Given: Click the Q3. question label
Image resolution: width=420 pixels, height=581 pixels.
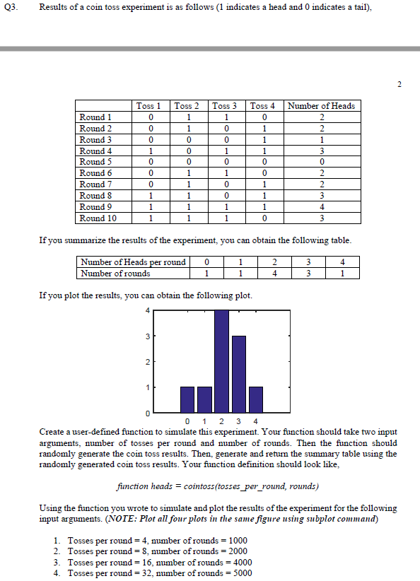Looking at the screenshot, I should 11,7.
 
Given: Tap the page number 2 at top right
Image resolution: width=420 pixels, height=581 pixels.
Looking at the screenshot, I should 399,85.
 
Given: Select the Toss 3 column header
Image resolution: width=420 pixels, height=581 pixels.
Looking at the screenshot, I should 225,106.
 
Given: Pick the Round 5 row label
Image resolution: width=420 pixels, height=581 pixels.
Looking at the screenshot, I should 96,162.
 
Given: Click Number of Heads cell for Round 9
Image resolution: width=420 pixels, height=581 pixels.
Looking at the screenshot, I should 322,207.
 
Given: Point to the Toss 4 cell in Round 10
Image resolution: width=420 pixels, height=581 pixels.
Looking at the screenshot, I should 263,218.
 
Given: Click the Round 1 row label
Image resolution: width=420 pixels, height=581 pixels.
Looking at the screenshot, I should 96,117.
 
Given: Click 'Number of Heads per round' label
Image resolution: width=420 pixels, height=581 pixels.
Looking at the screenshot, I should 134,262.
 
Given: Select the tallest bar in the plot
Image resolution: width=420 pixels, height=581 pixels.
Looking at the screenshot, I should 221,360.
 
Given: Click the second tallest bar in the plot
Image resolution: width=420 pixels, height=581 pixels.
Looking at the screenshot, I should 238,374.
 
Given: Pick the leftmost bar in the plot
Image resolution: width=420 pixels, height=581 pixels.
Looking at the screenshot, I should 187,399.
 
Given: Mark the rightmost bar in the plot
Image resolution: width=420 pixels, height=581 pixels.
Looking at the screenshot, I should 256,399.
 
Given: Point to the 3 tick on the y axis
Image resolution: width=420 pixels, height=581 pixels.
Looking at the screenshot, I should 147,336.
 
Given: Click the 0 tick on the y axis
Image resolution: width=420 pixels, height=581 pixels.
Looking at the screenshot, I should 147,412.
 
